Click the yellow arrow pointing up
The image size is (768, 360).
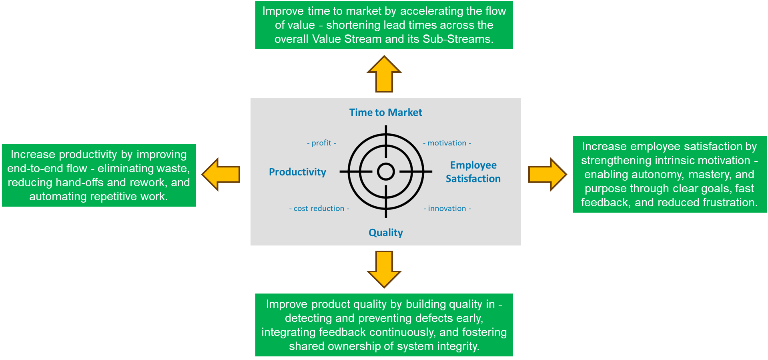point(384,74)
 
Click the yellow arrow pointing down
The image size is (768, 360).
point(384,269)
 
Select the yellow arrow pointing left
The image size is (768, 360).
point(221,174)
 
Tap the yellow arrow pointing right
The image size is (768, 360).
point(547,174)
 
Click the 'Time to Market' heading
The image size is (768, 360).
point(385,113)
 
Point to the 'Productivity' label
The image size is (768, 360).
point(297,172)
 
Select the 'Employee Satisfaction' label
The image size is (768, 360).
point(473,172)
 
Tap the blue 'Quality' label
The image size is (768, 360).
point(385,233)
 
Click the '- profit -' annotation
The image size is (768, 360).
point(321,143)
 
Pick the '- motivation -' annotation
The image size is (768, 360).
point(447,143)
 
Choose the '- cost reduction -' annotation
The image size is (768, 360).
point(319,209)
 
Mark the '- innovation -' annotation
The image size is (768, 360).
point(447,209)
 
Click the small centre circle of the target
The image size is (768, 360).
point(386,172)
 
